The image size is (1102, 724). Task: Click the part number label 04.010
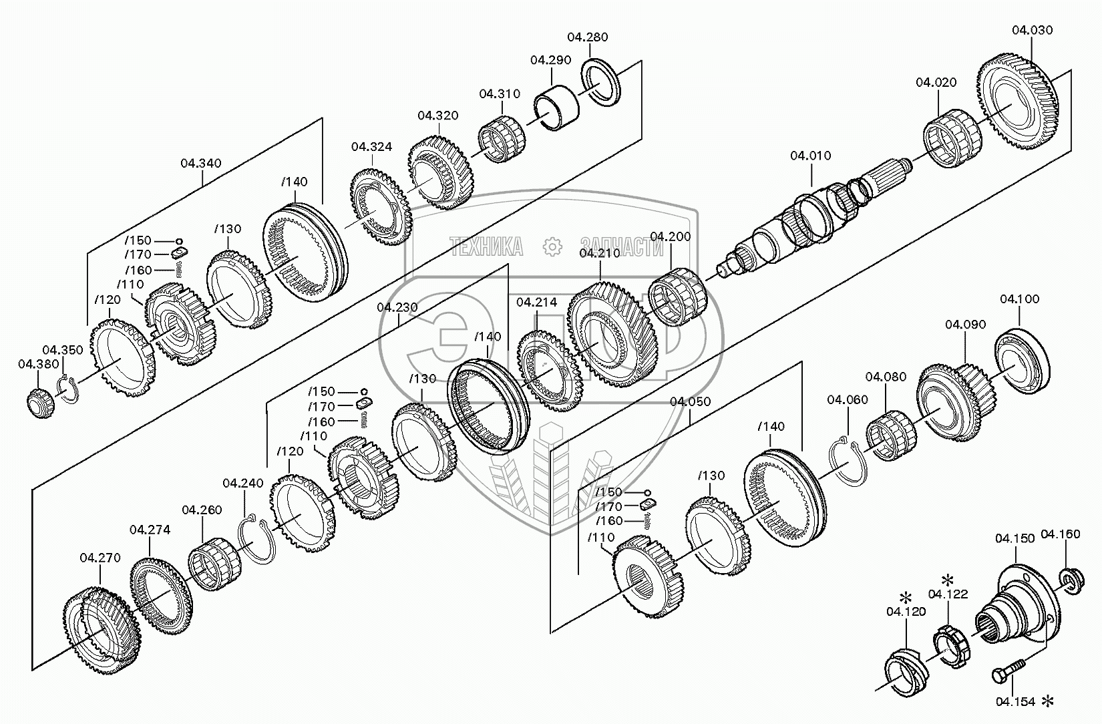[811, 156]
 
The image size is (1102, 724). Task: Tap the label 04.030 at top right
[1032, 30]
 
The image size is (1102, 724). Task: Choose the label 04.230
[397, 307]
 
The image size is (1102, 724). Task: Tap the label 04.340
[201, 163]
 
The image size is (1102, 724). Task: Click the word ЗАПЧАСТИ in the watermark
[621, 247]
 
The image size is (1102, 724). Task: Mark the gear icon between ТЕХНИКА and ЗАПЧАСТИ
[552, 246]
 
